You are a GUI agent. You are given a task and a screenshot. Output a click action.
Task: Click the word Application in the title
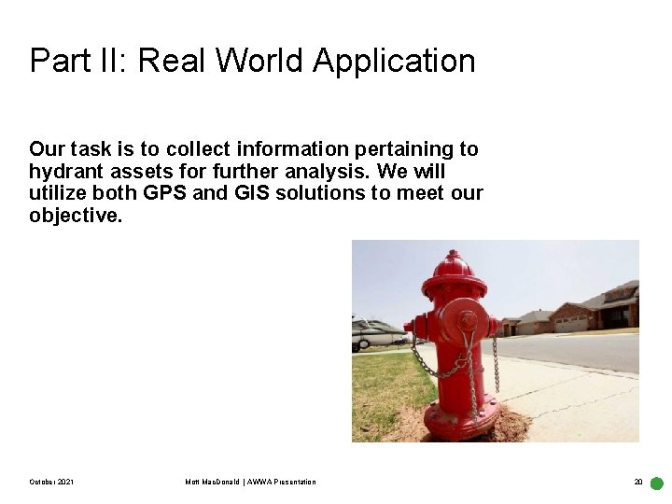pos(394,62)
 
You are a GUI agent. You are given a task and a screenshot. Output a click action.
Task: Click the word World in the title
pos(264,62)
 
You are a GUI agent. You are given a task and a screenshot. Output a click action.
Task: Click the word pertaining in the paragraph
pos(363,149)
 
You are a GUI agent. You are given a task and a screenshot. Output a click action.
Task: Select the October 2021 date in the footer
pos(52,482)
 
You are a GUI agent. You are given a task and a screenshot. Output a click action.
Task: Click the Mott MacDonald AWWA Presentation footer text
pos(250,482)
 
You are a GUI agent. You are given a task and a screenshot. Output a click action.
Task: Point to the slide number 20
pos(638,482)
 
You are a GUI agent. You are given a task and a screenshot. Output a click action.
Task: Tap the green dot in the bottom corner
pos(656,483)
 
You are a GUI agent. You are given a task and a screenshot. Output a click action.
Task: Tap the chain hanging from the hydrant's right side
pos(496,364)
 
